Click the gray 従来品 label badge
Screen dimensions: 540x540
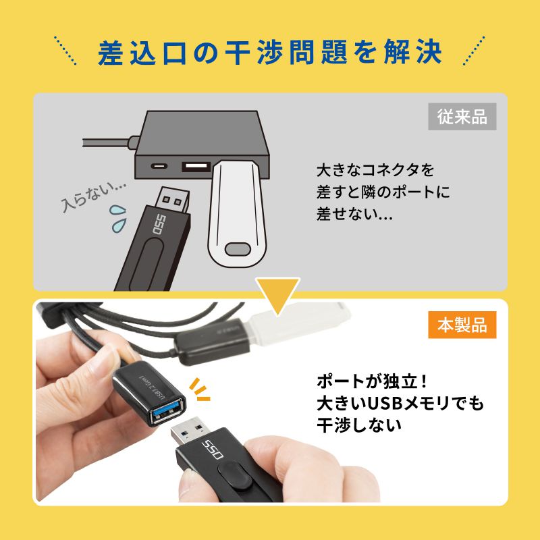462,117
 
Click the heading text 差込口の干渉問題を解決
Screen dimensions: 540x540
270,53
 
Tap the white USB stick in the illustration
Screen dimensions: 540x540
236,216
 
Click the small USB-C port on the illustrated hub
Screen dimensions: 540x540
159,165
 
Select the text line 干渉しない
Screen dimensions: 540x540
358,425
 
